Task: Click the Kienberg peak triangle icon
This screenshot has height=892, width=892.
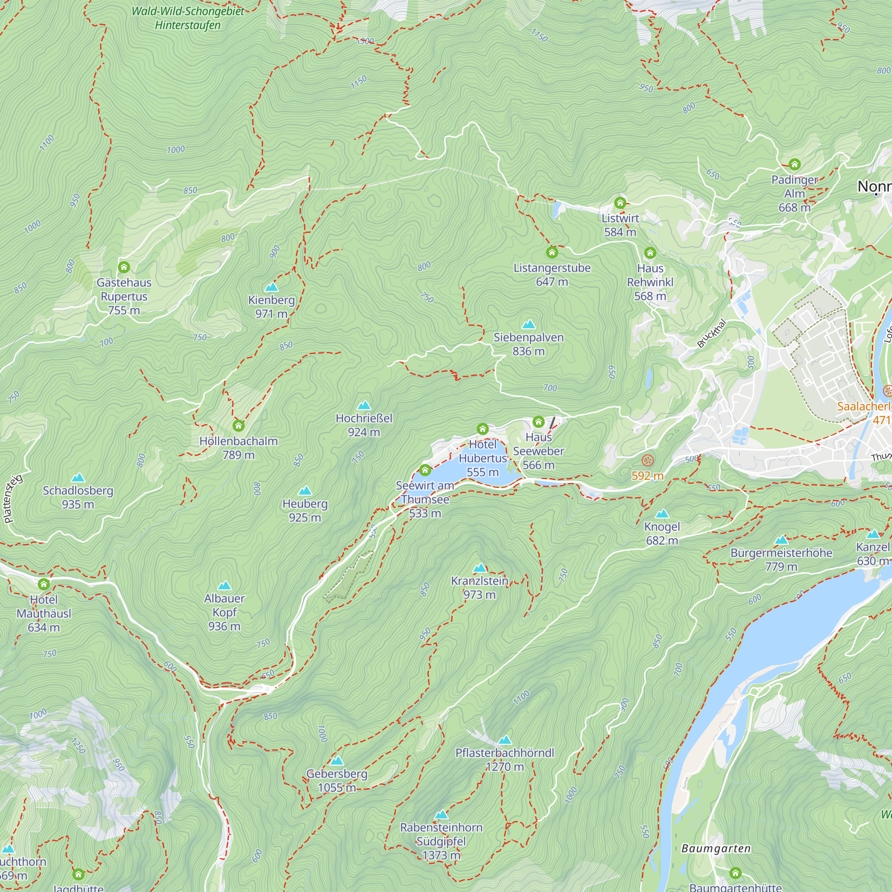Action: [x=272, y=287]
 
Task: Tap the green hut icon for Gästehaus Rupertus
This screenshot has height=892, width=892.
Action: [x=124, y=267]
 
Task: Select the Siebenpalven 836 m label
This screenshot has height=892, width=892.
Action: [x=528, y=344]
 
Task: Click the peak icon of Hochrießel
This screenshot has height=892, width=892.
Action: [x=364, y=405]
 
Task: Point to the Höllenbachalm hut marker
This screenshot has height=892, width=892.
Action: [x=238, y=425]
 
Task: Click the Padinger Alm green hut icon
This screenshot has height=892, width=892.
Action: [x=794, y=164]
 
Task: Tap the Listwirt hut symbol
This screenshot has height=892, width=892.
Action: [x=619, y=202]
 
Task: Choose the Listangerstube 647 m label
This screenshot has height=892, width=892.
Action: [x=552, y=274]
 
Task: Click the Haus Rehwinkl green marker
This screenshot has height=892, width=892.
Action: [x=650, y=252]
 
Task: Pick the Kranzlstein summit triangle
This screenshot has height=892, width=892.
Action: [x=480, y=568]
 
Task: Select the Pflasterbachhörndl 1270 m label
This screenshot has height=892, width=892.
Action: [x=504, y=760]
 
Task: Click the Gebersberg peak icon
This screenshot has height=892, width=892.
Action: [x=337, y=760]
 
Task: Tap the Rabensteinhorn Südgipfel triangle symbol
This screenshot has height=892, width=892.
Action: [x=441, y=814]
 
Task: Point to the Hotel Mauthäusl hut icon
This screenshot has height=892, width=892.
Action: [x=44, y=584]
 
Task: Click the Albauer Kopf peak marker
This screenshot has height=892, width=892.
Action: [x=224, y=586]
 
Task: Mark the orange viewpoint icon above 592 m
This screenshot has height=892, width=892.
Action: [x=647, y=460]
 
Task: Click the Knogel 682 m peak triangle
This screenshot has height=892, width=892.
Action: [x=661, y=513]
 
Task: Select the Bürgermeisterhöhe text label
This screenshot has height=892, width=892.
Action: [x=781, y=553]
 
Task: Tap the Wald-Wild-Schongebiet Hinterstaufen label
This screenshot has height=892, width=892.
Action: [x=187, y=18]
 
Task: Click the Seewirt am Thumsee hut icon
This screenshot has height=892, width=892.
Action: [x=425, y=470]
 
